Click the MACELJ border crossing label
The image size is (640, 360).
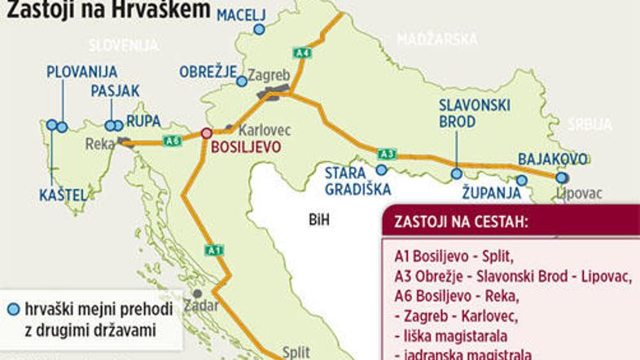(x=243, y=12)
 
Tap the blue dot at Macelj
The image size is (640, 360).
(x=259, y=29)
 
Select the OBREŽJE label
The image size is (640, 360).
(x=208, y=71)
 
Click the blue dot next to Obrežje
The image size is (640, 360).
(x=242, y=81)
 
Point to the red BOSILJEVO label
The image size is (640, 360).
(x=246, y=147)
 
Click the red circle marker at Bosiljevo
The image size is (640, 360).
(x=207, y=133)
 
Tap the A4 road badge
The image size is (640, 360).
(x=303, y=53)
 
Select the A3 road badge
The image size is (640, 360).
(x=388, y=153)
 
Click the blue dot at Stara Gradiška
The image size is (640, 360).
(x=381, y=170)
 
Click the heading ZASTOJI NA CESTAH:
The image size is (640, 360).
(x=460, y=222)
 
